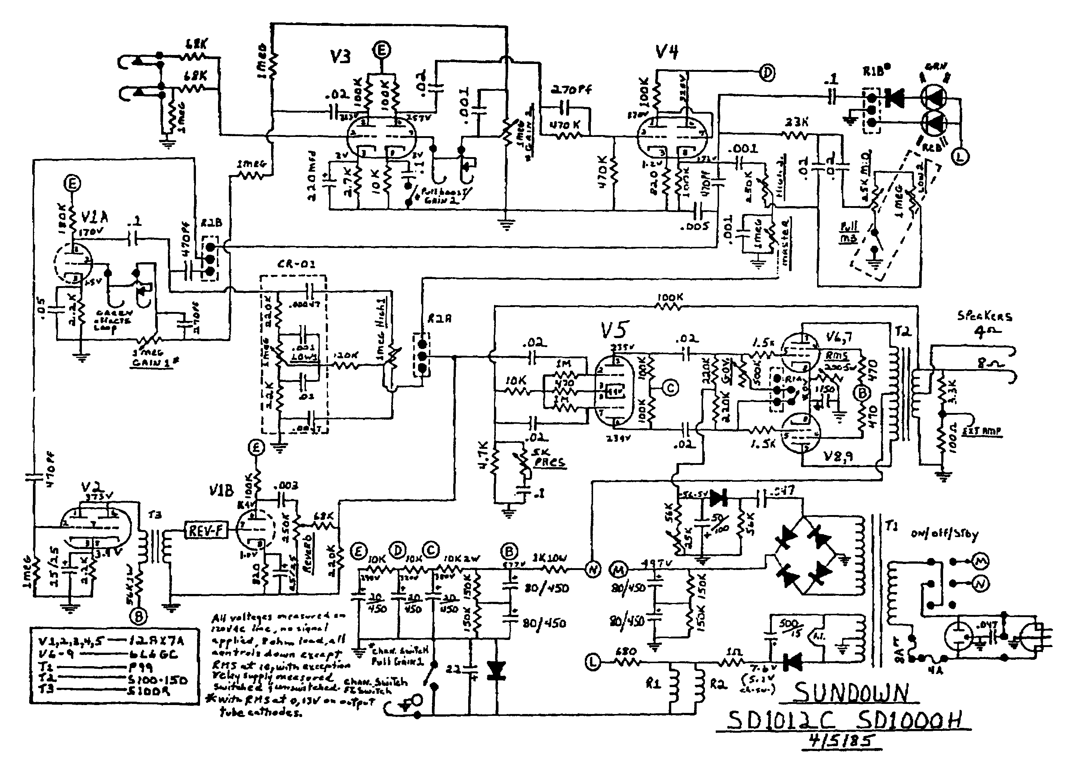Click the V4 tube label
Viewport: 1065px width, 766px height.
tap(666, 52)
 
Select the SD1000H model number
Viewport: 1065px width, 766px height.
tap(918, 720)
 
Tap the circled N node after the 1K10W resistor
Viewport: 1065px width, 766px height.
tap(593, 570)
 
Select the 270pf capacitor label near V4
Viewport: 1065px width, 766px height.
tap(571, 89)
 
